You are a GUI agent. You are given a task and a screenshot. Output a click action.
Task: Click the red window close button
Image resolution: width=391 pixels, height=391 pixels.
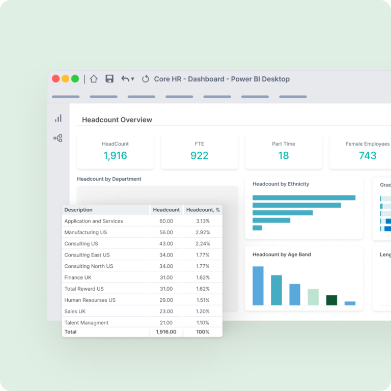tap(55, 79)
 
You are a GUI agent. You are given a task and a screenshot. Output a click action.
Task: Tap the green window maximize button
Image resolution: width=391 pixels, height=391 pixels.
tap(75, 79)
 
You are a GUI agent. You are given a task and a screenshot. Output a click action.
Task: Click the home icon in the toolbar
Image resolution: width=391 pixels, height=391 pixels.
tap(94, 79)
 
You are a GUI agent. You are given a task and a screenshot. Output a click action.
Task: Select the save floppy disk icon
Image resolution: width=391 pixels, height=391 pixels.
tap(109, 79)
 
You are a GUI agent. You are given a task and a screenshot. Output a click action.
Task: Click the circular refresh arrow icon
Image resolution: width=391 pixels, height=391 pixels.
tap(145, 79)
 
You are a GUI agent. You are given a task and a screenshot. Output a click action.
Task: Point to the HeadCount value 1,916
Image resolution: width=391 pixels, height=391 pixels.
tap(115, 156)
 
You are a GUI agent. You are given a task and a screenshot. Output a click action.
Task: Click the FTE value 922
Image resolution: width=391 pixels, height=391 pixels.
tap(199, 156)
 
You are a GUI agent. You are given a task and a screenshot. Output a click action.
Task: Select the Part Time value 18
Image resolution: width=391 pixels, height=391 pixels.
tap(284, 156)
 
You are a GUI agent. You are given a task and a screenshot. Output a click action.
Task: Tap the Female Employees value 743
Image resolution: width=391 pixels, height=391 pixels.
tap(367, 156)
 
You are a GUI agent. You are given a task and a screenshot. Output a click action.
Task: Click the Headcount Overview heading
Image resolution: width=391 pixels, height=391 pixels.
tap(117, 120)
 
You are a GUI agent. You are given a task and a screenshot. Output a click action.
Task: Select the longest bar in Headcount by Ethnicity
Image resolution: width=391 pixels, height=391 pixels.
tap(303, 198)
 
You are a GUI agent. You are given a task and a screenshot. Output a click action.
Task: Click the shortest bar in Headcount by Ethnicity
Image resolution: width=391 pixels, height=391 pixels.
tap(257, 228)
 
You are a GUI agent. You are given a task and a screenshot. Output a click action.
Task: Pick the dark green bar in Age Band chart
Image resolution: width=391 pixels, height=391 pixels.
tap(331, 300)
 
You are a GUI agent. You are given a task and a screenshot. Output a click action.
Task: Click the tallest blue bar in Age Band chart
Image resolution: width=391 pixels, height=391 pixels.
tap(258, 286)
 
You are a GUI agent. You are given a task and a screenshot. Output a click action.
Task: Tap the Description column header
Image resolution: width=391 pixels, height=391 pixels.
tap(78, 210)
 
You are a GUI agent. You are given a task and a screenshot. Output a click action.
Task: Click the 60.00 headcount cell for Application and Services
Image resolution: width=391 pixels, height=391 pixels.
tap(166, 221)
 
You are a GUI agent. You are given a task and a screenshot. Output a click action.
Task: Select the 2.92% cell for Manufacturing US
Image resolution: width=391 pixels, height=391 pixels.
tap(203, 233)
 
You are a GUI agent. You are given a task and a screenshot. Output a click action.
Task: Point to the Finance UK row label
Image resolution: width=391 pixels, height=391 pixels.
tap(78, 277)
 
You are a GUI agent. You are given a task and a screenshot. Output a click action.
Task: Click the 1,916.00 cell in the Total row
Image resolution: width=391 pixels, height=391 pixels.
tap(166, 332)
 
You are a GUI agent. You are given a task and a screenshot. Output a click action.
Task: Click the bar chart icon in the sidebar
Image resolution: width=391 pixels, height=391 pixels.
tap(58, 118)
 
